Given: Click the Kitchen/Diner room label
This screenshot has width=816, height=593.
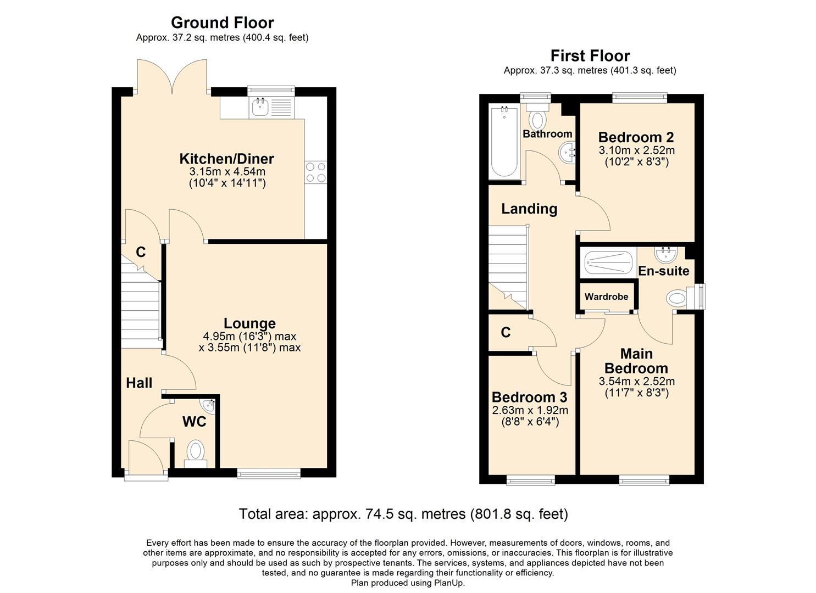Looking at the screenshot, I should click(x=226, y=159).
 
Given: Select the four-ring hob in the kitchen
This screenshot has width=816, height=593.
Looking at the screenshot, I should click(x=315, y=172).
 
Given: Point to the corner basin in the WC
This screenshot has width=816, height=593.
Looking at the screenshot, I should click(x=209, y=406).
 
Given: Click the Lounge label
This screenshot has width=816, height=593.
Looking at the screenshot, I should click(x=249, y=323).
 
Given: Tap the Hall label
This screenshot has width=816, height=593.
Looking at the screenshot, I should click(x=139, y=383).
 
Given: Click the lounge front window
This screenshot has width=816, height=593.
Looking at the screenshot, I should click(x=269, y=472).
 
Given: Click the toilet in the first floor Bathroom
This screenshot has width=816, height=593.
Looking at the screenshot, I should click(x=537, y=118).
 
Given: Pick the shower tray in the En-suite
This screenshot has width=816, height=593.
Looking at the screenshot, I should click(x=608, y=262).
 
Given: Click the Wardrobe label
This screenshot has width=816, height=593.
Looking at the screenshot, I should click(x=606, y=296).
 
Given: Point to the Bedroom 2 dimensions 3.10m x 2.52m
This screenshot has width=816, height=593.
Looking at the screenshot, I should click(x=636, y=150).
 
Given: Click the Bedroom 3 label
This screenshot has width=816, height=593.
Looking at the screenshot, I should click(x=529, y=397).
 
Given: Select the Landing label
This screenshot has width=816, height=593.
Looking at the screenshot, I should click(x=529, y=209).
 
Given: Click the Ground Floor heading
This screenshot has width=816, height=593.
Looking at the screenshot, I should click(x=222, y=23).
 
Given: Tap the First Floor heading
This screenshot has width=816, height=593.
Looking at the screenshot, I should click(x=590, y=55).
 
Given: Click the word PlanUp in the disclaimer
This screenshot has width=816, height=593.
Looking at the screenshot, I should click(x=450, y=583).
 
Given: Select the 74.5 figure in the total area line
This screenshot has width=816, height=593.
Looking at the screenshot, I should click(x=378, y=514).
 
